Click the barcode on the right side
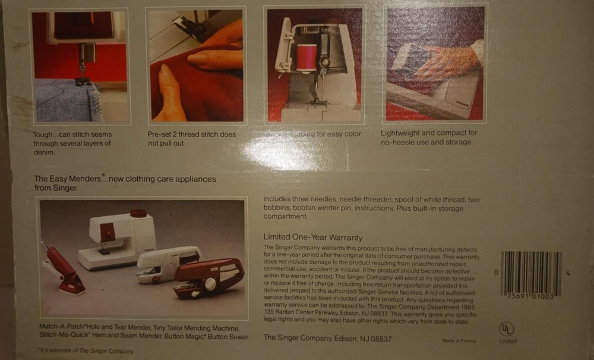tap(531, 274)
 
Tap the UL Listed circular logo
tap(507, 329)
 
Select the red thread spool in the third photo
tap(307, 57)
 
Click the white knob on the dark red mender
tap(210, 284)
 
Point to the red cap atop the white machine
tap(138, 213)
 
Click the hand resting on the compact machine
tap(445, 62)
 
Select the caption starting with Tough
tap(72, 143)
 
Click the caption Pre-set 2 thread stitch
tap(191, 138)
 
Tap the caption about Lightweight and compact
tap(429, 138)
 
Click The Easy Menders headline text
tap(125, 182)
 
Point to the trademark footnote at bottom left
tap(86, 351)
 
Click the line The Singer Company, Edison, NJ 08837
tap(327, 338)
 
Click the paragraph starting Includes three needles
tap(371, 208)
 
